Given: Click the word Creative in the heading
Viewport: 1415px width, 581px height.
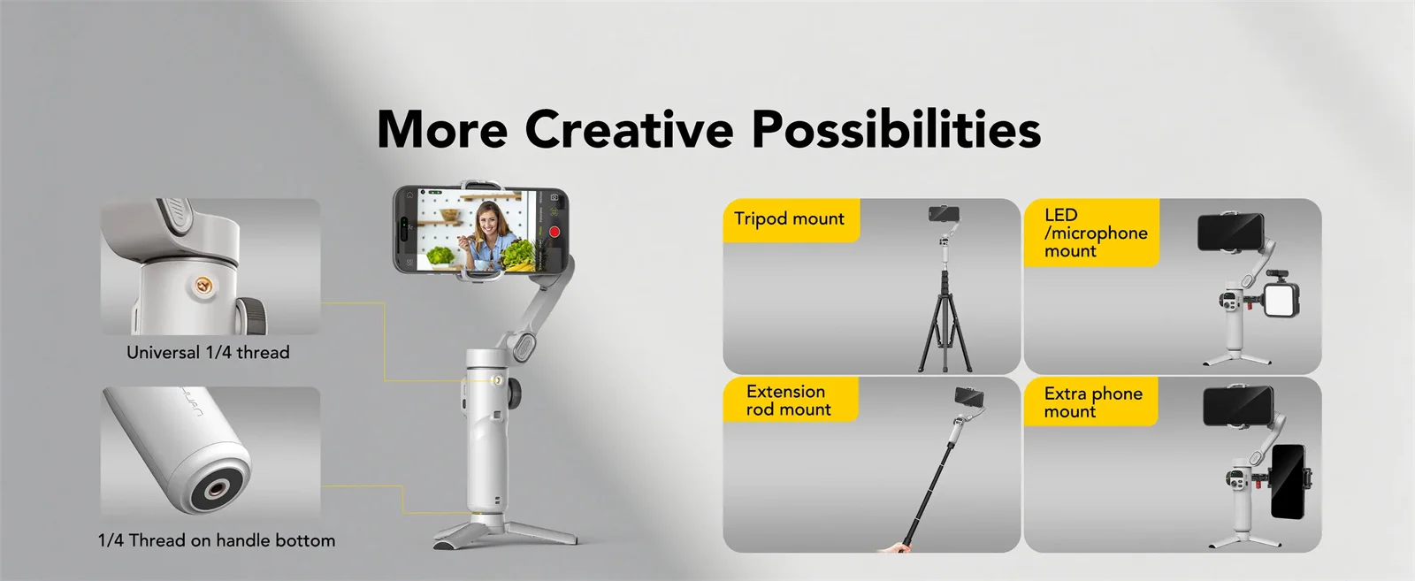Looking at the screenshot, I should (x=629, y=129).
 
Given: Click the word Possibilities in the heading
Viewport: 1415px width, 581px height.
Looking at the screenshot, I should (x=896, y=129).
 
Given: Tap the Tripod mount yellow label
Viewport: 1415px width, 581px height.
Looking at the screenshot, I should (x=789, y=219).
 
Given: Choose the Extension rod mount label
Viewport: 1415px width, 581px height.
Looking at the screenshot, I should (x=788, y=400).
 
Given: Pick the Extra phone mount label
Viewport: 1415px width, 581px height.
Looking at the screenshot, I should (x=1091, y=402).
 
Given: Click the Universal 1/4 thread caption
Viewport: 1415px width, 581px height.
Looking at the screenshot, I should (x=208, y=352).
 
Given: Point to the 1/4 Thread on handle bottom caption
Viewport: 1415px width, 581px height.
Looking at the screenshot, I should (x=217, y=540).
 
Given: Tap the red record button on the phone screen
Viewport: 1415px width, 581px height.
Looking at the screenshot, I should (x=555, y=232).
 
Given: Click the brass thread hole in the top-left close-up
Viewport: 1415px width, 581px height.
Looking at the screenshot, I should (x=203, y=286).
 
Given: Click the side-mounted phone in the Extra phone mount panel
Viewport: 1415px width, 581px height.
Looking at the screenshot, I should (x=1287, y=482).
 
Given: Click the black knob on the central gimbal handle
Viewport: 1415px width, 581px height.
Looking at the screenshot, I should (x=515, y=390).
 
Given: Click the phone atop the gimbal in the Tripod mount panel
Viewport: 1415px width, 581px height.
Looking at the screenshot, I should (x=944, y=213).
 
